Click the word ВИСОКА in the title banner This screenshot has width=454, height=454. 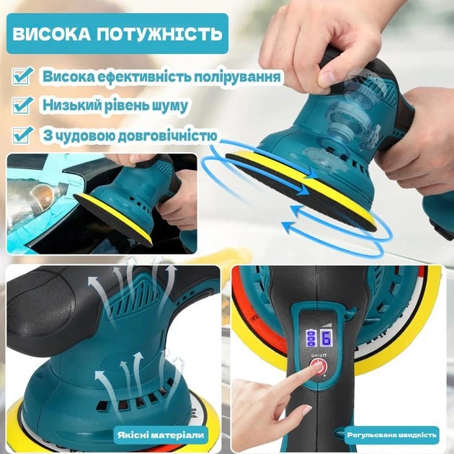pyautogui.click(x=51, y=34)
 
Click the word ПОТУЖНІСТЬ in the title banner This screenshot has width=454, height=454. pyautogui.click(x=159, y=34)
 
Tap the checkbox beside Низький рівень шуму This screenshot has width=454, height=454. pyautogui.click(x=22, y=104)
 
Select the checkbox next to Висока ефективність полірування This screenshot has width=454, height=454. pyautogui.click(x=22, y=76)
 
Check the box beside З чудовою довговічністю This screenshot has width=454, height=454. pyautogui.click(x=22, y=135)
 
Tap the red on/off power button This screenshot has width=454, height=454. pyautogui.click(x=319, y=367)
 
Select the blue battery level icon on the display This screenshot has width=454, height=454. pyautogui.click(x=311, y=338)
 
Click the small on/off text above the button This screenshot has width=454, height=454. pyautogui.click(x=319, y=355)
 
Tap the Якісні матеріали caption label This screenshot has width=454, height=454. pyautogui.click(x=161, y=435)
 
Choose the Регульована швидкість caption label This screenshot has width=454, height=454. pyautogui.click(x=391, y=435)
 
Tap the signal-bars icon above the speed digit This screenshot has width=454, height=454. pyautogui.click(x=326, y=325)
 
